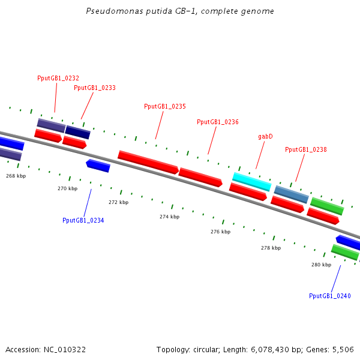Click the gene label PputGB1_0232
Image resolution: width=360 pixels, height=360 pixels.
(x=58, y=78)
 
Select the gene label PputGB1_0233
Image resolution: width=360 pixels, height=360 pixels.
(x=95, y=88)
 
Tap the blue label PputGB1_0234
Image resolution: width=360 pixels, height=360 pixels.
(x=83, y=220)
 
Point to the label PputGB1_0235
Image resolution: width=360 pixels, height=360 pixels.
(x=165, y=106)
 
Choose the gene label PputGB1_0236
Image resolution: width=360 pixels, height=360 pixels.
(x=218, y=122)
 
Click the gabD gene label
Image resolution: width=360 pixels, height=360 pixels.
(x=266, y=137)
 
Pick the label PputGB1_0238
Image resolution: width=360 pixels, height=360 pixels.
(x=306, y=149)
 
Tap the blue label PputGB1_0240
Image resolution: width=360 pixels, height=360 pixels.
(x=330, y=296)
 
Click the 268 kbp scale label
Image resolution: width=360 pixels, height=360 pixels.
(x=16, y=176)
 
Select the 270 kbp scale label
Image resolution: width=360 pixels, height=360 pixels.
(x=68, y=188)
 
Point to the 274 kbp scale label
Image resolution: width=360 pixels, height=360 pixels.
(x=170, y=217)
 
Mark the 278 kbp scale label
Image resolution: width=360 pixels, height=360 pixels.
(x=271, y=248)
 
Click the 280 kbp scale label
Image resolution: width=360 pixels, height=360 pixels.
(x=322, y=265)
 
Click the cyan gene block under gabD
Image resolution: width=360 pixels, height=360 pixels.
(x=252, y=181)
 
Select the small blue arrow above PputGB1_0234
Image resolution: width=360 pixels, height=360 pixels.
(x=98, y=165)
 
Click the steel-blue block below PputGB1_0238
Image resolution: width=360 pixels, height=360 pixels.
(x=292, y=194)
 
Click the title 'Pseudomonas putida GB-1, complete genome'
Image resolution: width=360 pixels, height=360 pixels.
(x=180, y=11)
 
